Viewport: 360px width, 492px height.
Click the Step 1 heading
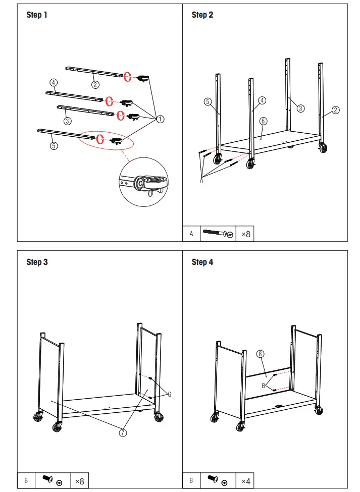(x=37, y=15)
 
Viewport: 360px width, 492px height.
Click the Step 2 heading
(x=202, y=15)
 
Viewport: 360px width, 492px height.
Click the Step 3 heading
(x=37, y=262)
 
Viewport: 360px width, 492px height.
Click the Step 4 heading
(x=202, y=262)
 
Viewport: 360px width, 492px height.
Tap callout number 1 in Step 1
(x=160, y=119)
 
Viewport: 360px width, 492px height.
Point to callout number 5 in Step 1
(x=54, y=145)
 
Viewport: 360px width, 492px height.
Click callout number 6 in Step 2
(x=263, y=121)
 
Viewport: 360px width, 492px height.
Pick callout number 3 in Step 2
(x=300, y=108)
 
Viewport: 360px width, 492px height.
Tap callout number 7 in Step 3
(x=123, y=432)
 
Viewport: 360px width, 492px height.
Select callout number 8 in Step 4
(x=261, y=354)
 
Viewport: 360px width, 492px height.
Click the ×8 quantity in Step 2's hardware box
(x=245, y=234)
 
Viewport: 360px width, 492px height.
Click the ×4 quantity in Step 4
(x=245, y=480)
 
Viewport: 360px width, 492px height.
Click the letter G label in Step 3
(x=169, y=395)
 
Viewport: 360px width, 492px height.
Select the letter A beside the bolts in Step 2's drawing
(x=201, y=181)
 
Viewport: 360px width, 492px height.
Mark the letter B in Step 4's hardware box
(x=191, y=480)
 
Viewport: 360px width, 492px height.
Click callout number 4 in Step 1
(x=54, y=82)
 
